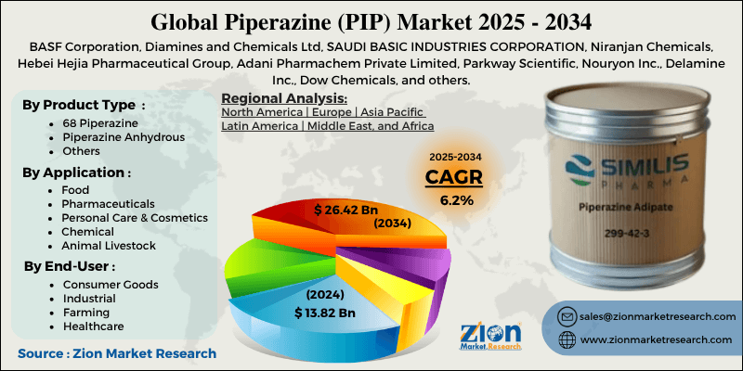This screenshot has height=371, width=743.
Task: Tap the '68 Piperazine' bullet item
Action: click(x=97, y=122)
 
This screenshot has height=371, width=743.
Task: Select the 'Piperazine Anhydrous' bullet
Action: click(x=117, y=137)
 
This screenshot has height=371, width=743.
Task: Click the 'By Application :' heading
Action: click(x=77, y=172)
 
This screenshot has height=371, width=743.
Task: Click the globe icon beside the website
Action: click(x=565, y=341)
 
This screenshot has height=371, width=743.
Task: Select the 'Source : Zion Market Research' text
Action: click(x=116, y=353)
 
